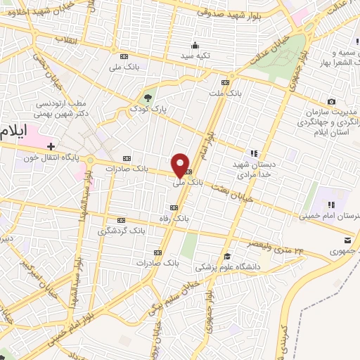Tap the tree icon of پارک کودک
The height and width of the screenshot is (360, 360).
[147, 98]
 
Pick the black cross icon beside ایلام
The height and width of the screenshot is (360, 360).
[51, 146]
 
